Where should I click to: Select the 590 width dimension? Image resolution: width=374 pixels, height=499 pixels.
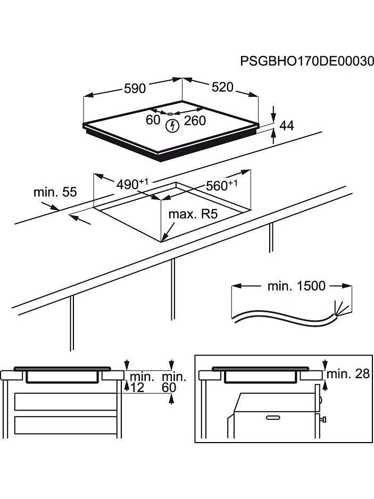[x=135, y=89]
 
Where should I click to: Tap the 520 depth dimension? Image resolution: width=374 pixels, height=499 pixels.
[x=222, y=87]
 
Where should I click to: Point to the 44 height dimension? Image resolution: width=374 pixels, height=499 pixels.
[x=286, y=126]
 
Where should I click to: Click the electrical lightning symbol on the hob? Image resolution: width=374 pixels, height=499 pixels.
[x=171, y=126]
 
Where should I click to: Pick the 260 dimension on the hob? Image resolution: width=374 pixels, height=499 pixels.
[x=194, y=121]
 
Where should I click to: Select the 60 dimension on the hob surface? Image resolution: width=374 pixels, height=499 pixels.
[x=153, y=120]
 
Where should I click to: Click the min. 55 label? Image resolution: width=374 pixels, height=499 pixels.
[x=55, y=192]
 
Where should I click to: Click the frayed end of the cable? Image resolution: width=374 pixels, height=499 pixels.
[x=337, y=311]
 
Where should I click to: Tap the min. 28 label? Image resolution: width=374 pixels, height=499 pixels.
[x=347, y=374]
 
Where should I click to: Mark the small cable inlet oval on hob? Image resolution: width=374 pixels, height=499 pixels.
[x=170, y=113]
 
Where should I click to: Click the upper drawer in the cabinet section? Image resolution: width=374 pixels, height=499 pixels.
[x=65, y=402]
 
